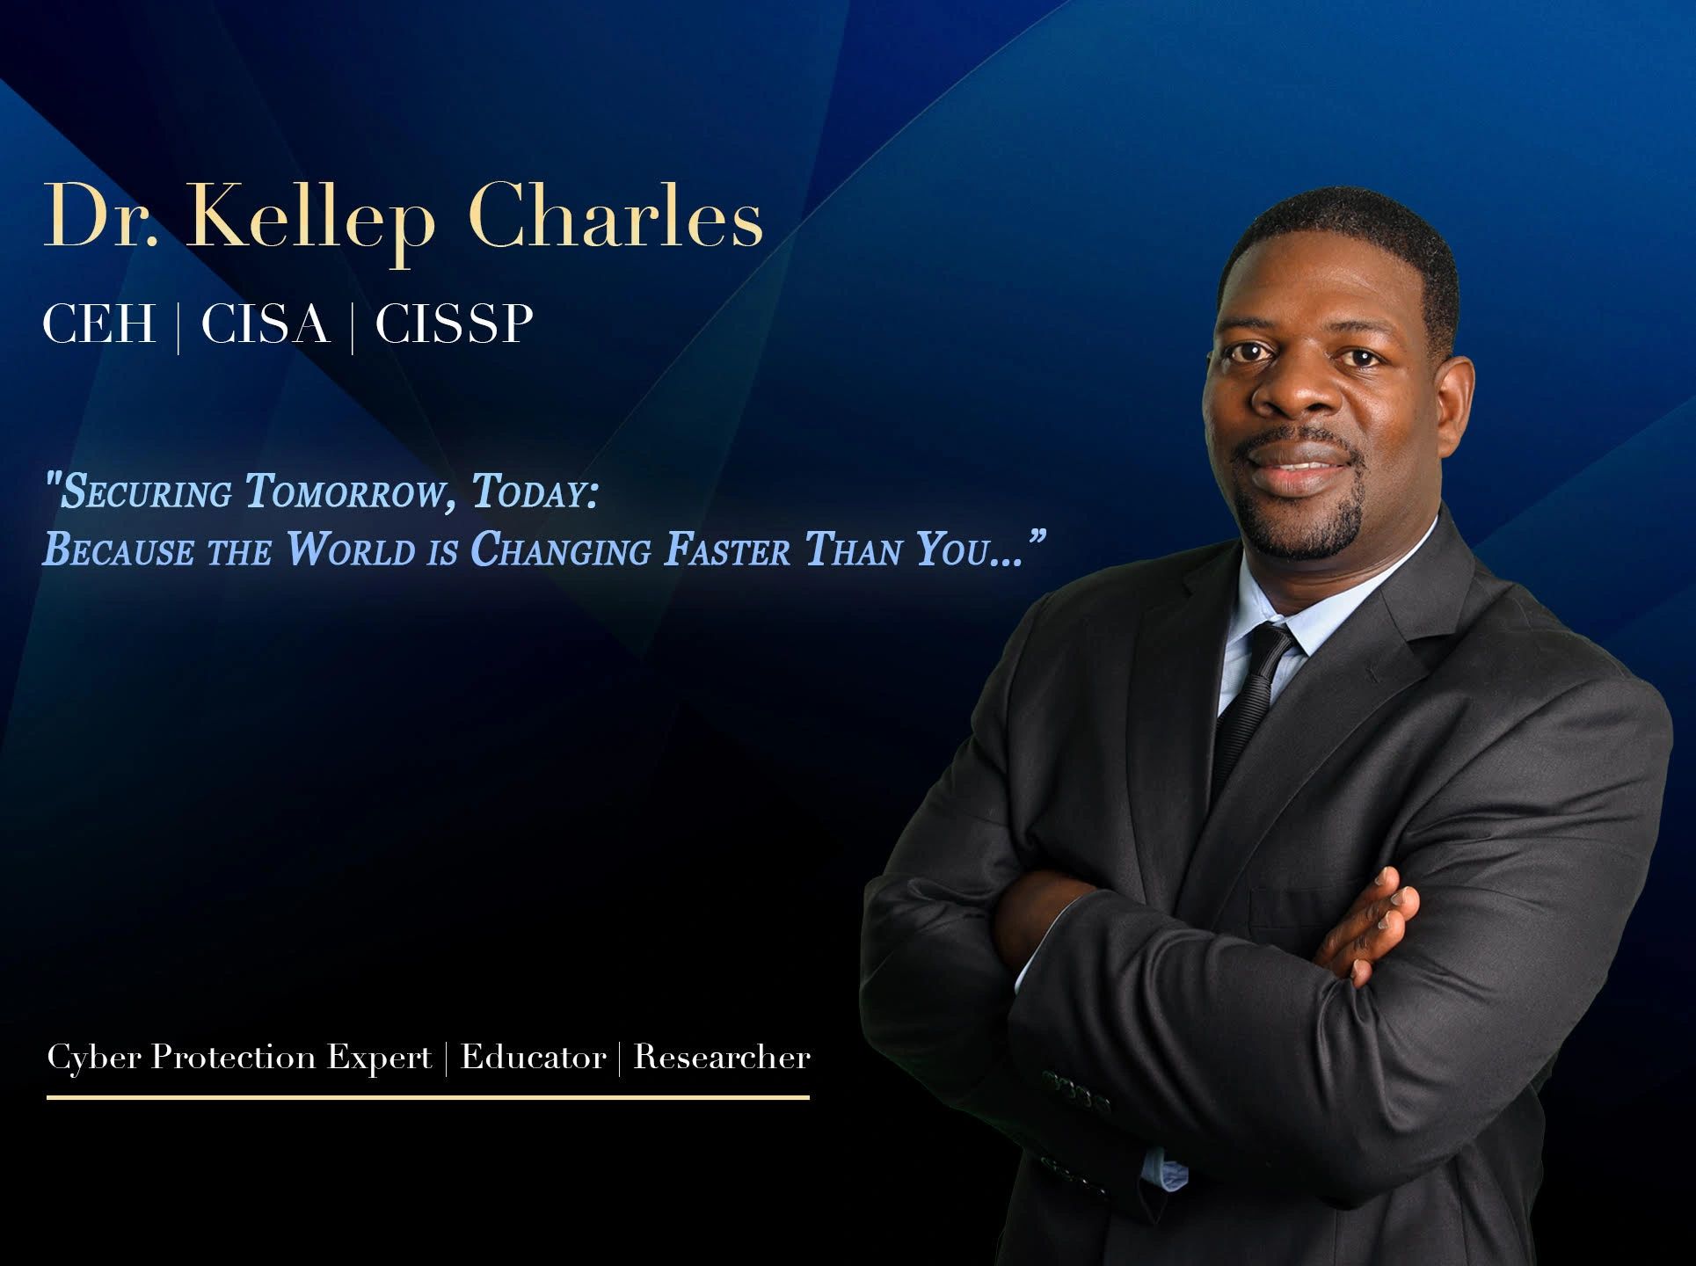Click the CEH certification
click(99, 324)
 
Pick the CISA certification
click(266, 324)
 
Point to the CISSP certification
click(454, 324)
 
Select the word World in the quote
click(350, 550)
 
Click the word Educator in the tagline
click(533, 1057)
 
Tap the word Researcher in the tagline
click(722, 1057)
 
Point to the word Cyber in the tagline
click(93, 1058)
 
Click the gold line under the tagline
click(427, 1097)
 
